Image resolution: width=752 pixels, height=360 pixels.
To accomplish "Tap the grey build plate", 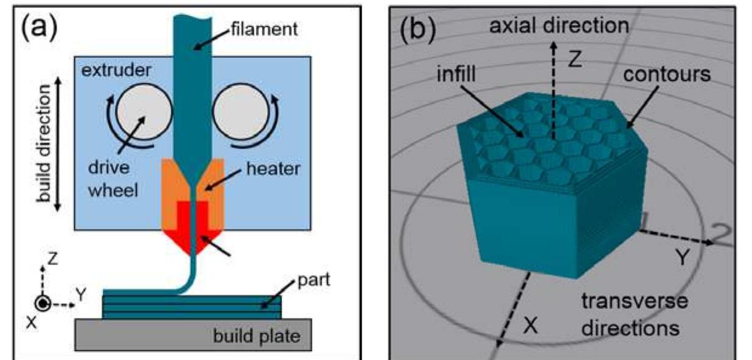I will point(193,334).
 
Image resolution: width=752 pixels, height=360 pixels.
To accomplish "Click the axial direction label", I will point(559,26).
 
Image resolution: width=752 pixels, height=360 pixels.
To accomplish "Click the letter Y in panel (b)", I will point(683,258).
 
